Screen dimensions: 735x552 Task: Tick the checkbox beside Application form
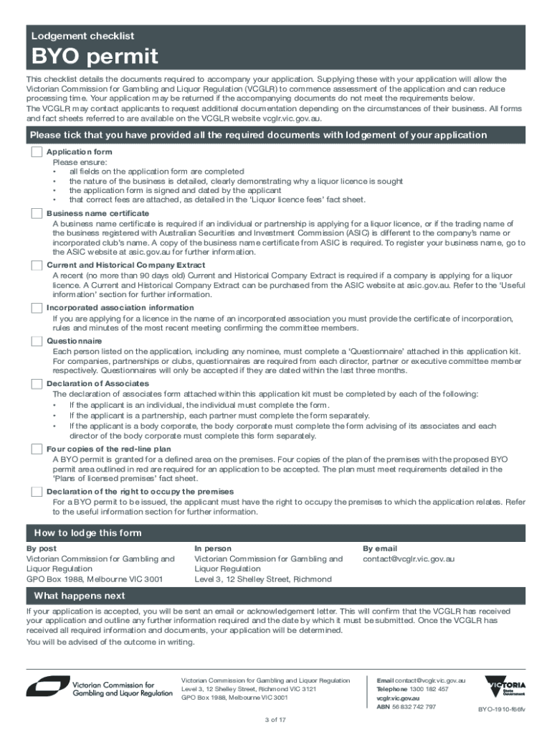pos(37,153)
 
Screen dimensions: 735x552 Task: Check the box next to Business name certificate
pos(37,214)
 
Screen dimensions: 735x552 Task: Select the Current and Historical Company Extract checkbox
pos(37,266)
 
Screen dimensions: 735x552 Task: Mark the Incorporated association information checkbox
pos(37,308)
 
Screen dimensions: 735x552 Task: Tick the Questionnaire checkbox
pos(37,341)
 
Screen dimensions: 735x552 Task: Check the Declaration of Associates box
pos(37,384)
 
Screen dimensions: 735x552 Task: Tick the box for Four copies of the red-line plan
pos(37,449)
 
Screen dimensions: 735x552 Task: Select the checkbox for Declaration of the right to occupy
pos(37,492)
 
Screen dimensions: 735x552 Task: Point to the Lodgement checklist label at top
pos(82,36)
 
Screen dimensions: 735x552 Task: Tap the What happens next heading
pos(80,596)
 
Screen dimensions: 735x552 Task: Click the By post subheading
pos(42,548)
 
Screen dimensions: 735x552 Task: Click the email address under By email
pos(409,559)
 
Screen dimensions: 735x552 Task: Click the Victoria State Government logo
pos(505,686)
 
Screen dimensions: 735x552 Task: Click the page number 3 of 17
pos(276,720)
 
